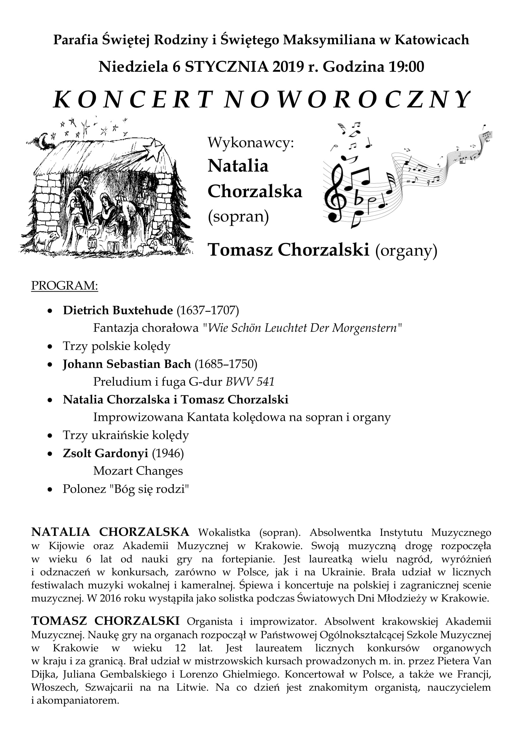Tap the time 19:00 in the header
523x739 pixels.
click(x=406, y=67)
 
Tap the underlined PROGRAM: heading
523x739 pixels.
click(x=65, y=286)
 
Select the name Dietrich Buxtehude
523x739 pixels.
click(x=118, y=310)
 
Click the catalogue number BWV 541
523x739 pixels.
click(x=250, y=382)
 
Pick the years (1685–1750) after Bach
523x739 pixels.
click(x=226, y=364)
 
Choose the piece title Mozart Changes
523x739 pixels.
click(x=138, y=471)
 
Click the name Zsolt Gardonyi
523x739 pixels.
click(x=105, y=453)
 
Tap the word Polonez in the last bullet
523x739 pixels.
click(x=84, y=489)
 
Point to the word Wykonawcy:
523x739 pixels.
click(x=251, y=142)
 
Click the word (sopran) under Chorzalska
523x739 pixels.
click(x=238, y=216)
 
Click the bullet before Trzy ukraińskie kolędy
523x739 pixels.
click(x=50, y=436)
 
